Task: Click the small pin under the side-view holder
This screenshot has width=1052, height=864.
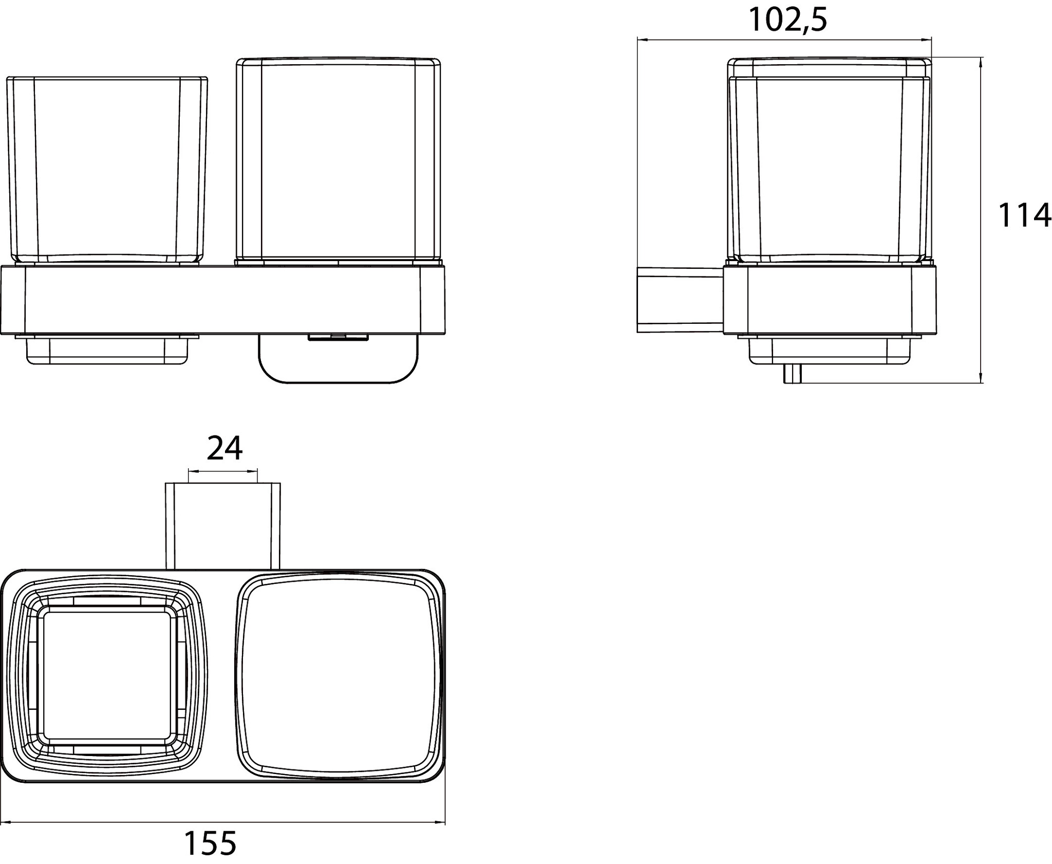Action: [x=792, y=373]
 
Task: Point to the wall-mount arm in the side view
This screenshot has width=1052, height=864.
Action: [x=681, y=300]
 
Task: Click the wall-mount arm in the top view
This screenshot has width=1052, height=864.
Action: [x=222, y=525]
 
